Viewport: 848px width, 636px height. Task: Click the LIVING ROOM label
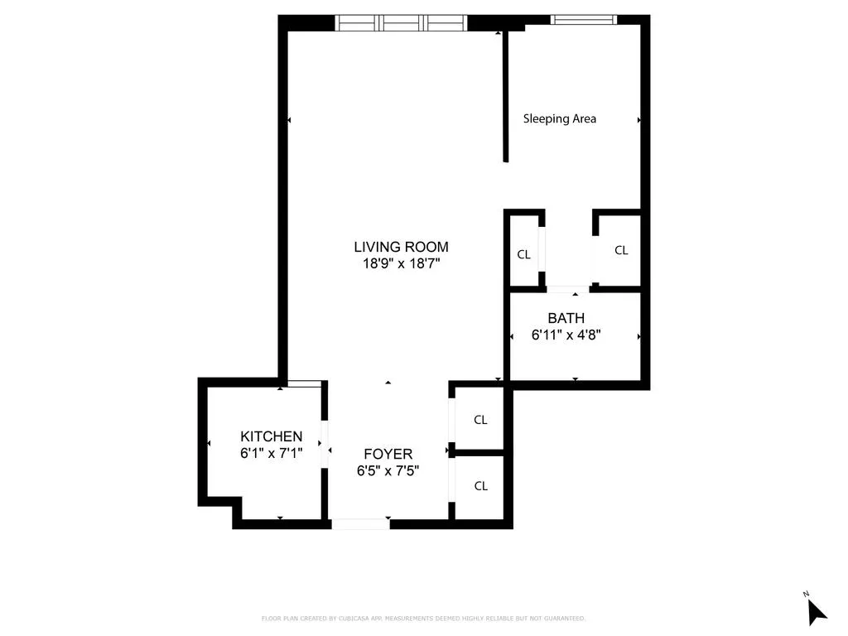(x=401, y=247)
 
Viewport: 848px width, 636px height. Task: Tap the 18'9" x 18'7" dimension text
(x=401, y=264)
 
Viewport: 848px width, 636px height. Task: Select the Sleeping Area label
(x=560, y=118)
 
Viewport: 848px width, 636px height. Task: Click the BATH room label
(x=566, y=318)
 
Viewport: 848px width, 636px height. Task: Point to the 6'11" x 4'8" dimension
(x=566, y=335)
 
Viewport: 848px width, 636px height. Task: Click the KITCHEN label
(x=271, y=436)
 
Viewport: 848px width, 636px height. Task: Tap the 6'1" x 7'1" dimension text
(x=271, y=453)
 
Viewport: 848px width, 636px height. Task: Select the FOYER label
(x=388, y=454)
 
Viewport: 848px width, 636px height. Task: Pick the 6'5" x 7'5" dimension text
(x=388, y=470)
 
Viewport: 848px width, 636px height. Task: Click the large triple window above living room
(x=401, y=22)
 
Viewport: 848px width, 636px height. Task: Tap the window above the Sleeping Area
(x=584, y=19)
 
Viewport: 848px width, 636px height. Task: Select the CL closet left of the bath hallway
(x=523, y=254)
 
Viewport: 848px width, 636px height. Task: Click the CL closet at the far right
(x=621, y=250)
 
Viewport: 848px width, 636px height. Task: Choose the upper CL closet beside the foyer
(x=480, y=420)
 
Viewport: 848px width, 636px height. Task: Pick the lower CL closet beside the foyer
(x=480, y=486)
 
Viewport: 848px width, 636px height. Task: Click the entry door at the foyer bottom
(x=360, y=523)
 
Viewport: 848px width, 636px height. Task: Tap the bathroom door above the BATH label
(x=567, y=289)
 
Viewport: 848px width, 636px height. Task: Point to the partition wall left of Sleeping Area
(x=504, y=95)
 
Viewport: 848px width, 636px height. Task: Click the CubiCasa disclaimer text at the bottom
(x=423, y=618)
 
